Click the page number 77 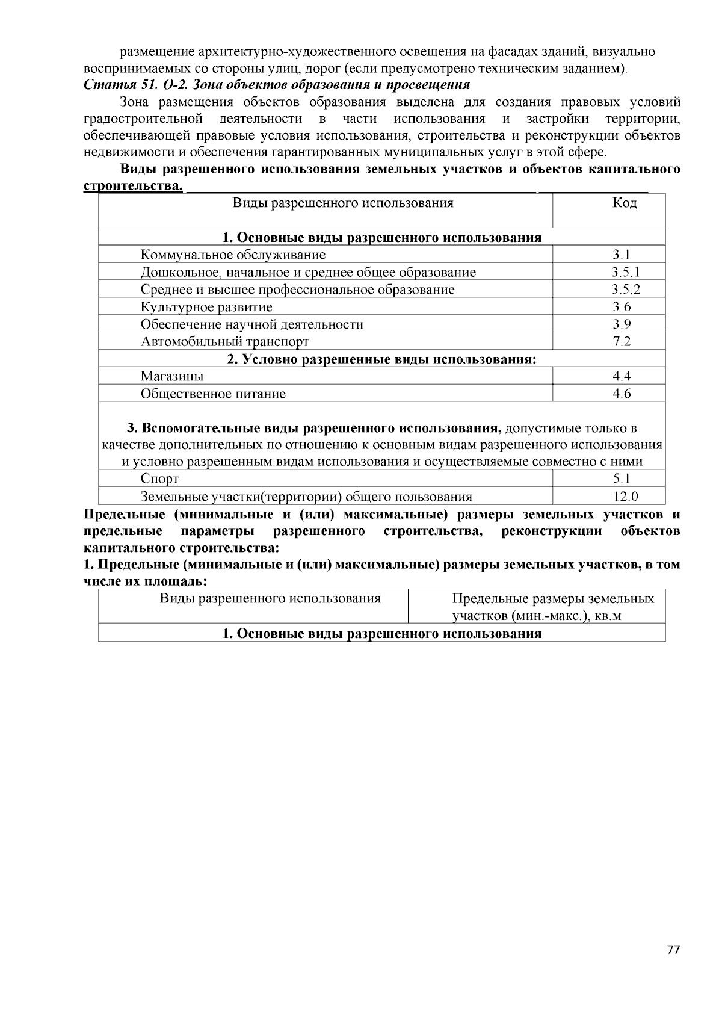(x=673, y=950)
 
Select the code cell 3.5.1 (x=626, y=272)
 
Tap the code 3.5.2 (x=626, y=290)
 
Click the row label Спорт (x=159, y=479)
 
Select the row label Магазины (x=172, y=376)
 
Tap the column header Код (x=624, y=203)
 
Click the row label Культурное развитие (x=206, y=307)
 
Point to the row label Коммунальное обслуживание (x=233, y=255)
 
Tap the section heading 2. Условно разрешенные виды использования (x=381, y=359)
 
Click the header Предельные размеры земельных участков (x=552, y=606)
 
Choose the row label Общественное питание (x=213, y=394)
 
